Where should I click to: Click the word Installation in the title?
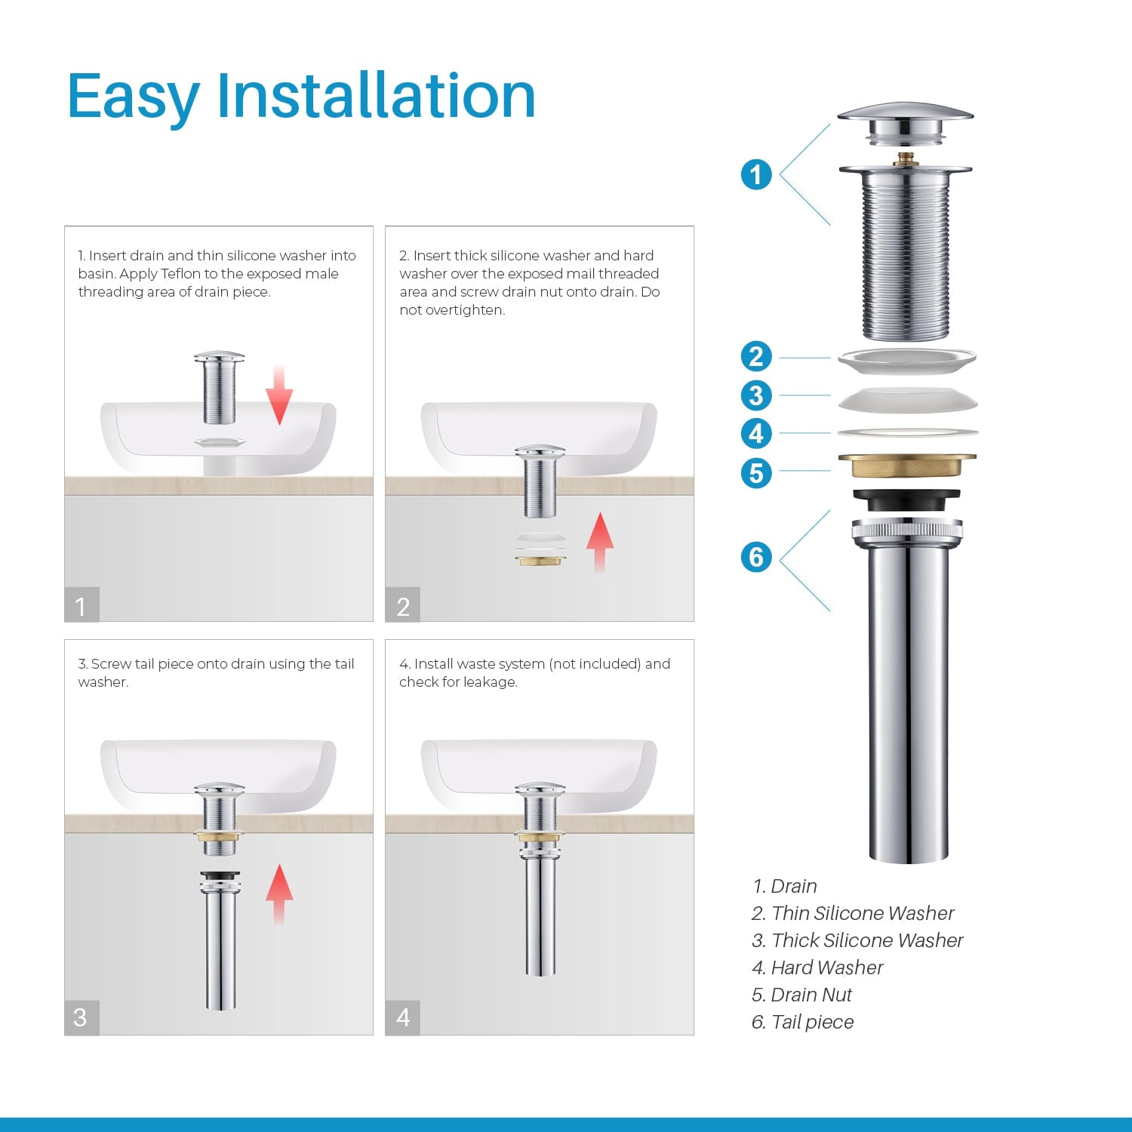[376, 96]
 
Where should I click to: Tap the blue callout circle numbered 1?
[756, 174]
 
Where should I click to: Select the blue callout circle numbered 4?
[756, 434]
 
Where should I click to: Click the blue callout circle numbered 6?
[756, 557]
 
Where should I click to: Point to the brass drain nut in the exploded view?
[906, 466]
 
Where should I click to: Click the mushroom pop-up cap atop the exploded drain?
[906, 121]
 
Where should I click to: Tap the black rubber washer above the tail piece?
[906, 499]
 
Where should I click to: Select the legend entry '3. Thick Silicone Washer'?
[857, 940]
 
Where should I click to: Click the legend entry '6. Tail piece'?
[802, 1022]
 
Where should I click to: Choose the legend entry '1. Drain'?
[784, 886]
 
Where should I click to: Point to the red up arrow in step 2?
[600, 542]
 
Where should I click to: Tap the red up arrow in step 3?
[279, 894]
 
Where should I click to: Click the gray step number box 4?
[403, 1017]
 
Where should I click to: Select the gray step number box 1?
[82, 605]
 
